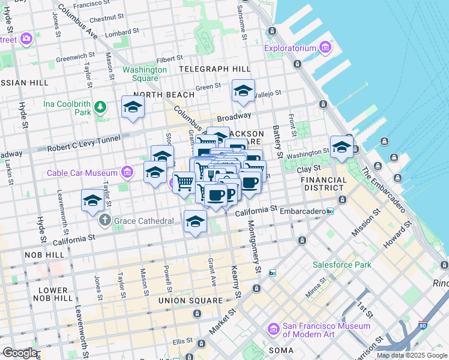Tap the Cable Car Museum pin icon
(x=127, y=173)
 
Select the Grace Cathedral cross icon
(x=106, y=221)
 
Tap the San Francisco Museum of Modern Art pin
(x=274, y=329)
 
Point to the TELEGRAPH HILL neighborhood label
(x=215, y=69)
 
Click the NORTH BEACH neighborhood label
(x=164, y=95)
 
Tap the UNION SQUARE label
(x=190, y=300)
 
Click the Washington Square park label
(x=145, y=74)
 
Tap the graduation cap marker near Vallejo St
(x=243, y=91)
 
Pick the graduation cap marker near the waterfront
(x=342, y=146)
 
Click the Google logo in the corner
(x=20, y=353)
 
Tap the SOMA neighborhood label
(x=281, y=350)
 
